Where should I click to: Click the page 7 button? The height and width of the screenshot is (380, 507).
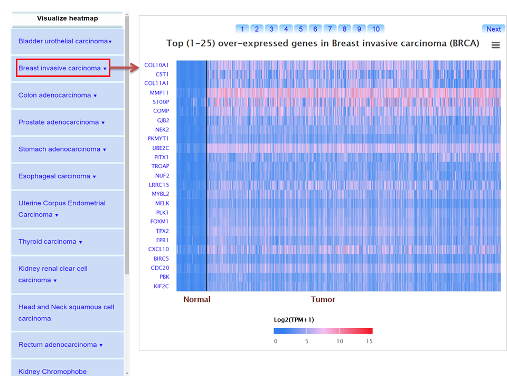click(330, 29)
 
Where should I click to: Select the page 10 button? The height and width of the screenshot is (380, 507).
click(375, 29)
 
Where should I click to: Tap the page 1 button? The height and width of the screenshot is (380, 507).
click(242, 29)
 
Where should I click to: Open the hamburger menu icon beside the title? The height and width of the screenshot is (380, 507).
click(495, 45)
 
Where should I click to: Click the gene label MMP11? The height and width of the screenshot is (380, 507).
click(159, 93)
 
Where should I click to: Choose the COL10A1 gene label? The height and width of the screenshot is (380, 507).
click(157, 65)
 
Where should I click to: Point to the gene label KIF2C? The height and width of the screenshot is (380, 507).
click(161, 286)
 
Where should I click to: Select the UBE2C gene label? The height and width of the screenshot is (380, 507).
click(161, 148)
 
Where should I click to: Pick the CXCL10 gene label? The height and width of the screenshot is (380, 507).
click(158, 249)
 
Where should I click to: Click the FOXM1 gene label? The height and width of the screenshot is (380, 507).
click(159, 222)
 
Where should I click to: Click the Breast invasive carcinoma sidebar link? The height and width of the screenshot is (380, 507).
click(60, 68)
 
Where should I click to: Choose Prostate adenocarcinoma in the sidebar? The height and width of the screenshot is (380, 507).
click(59, 122)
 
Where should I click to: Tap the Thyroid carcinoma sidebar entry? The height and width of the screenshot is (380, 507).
click(48, 242)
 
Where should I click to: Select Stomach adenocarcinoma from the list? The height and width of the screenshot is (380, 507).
click(59, 149)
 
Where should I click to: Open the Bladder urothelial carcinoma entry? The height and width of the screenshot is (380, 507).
click(63, 41)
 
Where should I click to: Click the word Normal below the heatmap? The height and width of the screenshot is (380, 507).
click(196, 299)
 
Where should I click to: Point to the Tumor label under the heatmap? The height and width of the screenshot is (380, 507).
click(323, 299)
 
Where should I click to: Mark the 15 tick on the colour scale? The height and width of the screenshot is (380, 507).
click(369, 341)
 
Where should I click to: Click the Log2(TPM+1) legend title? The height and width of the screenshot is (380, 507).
click(294, 319)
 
